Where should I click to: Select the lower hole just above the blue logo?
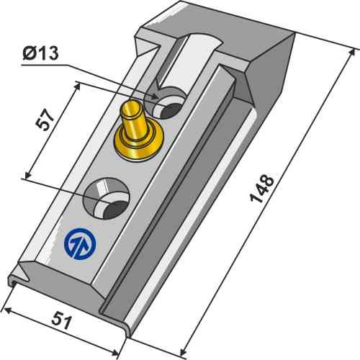point(107,199)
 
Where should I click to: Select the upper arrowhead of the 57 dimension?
point(76,85)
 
